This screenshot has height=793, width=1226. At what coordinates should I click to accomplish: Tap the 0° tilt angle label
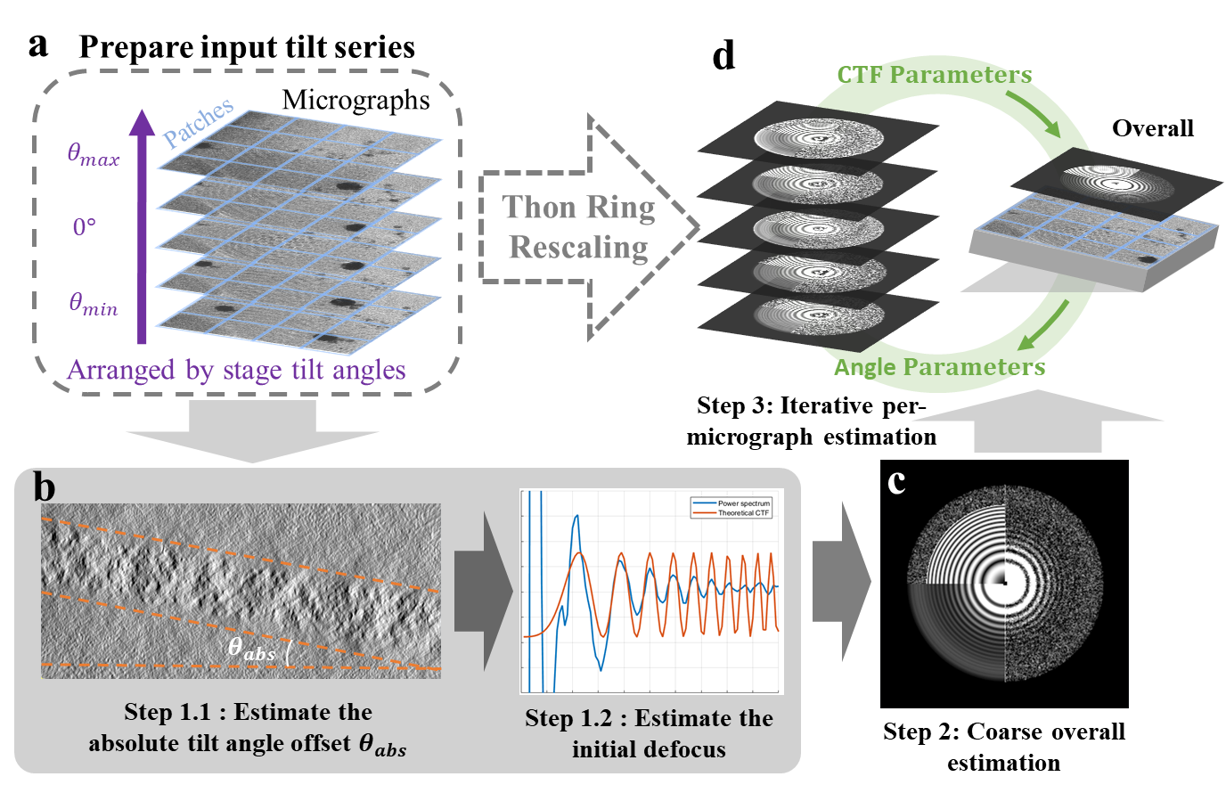tap(84, 227)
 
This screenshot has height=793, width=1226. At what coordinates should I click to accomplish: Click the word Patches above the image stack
tap(198, 122)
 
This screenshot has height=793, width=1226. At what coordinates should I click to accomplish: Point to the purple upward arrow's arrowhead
tap(141, 122)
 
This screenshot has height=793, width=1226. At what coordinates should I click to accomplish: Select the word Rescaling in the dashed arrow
tap(578, 247)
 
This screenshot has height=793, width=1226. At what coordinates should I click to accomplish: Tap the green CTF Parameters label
tap(934, 75)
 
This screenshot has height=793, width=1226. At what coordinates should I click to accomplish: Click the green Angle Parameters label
tap(939, 367)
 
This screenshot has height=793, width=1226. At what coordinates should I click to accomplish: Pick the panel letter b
tap(44, 487)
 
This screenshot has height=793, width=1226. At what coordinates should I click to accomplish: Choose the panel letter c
tap(896, 482)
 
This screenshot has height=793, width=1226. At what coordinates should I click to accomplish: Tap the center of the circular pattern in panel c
tap(1004, 583)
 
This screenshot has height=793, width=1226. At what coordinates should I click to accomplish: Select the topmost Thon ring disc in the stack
tap(819, 137)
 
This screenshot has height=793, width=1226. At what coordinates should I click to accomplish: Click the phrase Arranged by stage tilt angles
tap(236, 370)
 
